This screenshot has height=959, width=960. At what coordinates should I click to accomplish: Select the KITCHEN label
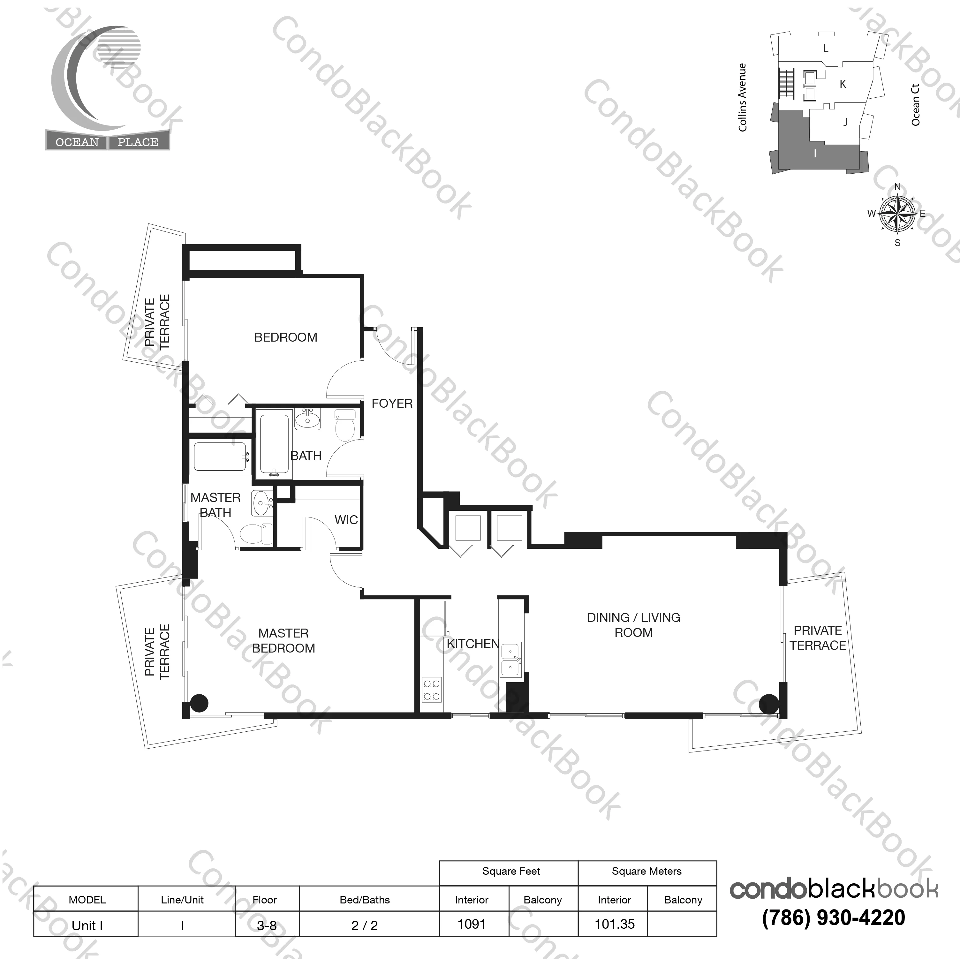472,644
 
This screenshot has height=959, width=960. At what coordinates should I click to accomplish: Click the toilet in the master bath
256,534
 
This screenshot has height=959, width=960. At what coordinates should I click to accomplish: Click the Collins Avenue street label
742,97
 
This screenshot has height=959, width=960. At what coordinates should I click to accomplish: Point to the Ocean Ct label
915,105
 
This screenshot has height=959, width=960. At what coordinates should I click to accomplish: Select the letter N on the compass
897,187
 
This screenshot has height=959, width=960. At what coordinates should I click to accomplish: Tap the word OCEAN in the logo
77,142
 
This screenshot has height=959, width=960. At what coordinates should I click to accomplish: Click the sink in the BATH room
307,419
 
